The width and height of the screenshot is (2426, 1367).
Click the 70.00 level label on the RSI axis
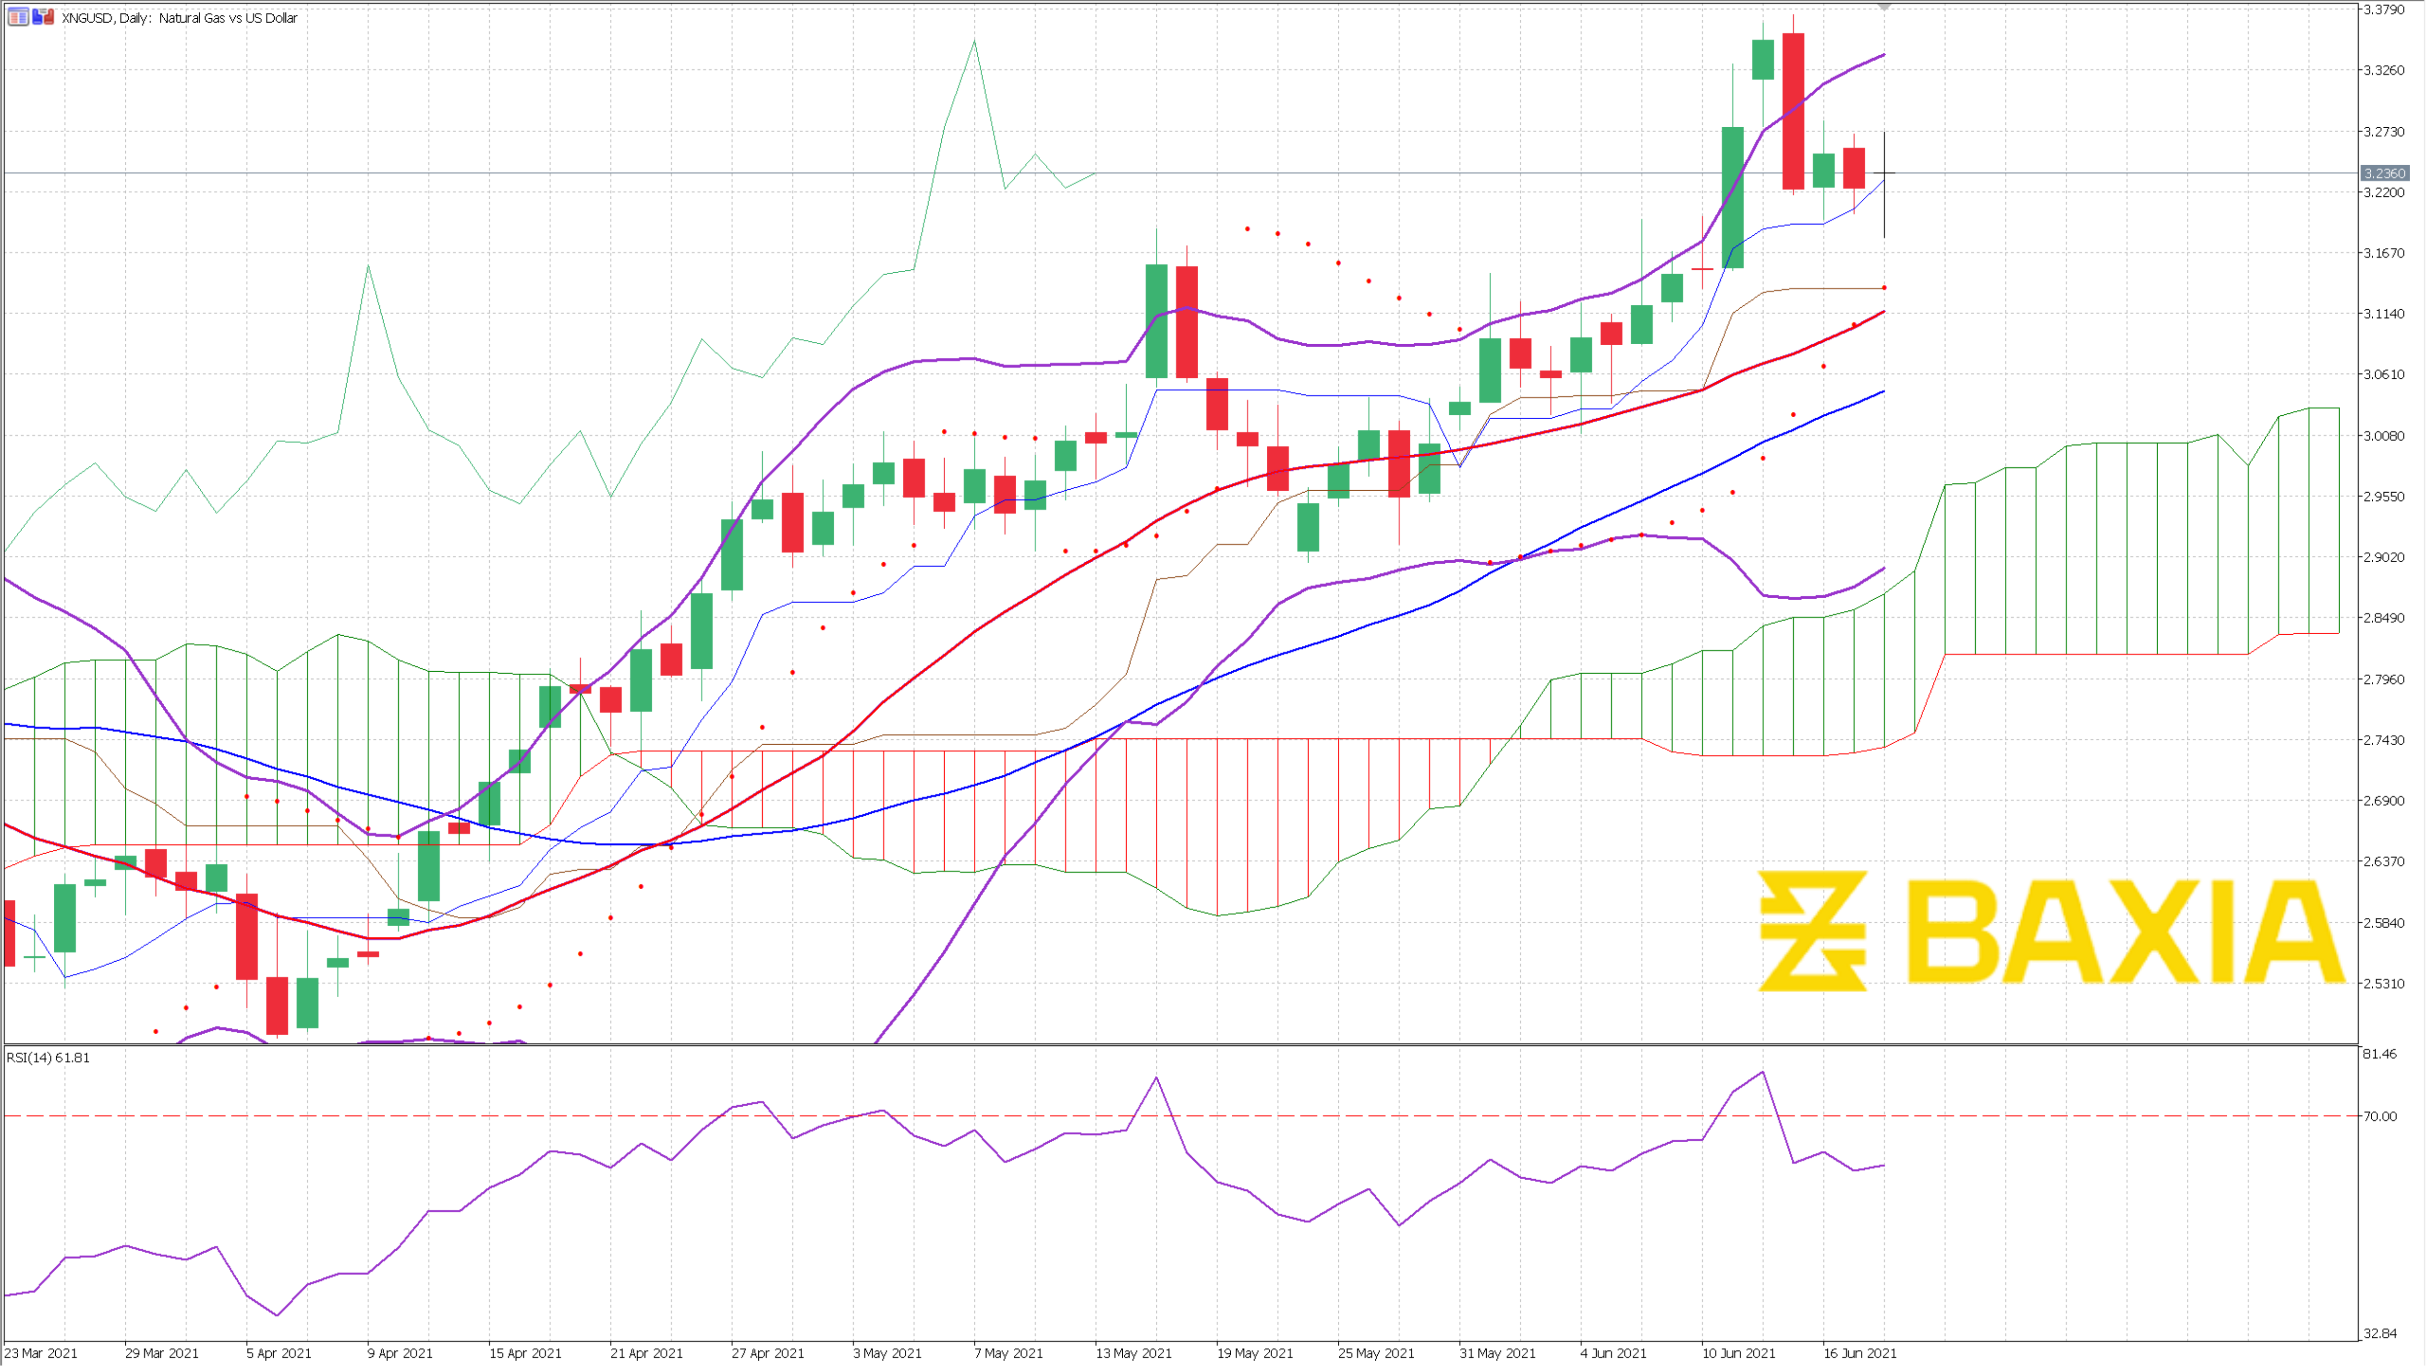[2380, 1116]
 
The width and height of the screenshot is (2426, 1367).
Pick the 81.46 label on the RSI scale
[2380, 1054]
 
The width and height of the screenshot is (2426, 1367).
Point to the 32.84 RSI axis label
[2380, 1333]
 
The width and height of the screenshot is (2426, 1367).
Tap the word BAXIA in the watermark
[2124, 933]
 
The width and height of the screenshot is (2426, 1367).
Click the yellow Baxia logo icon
[1813, 931]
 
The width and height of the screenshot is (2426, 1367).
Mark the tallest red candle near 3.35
[1793, 111]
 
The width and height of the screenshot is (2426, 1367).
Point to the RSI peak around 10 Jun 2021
[1763, 1072]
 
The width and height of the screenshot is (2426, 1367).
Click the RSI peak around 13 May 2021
[1156, 1078]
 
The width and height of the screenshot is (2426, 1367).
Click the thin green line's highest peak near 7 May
[975, 41]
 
